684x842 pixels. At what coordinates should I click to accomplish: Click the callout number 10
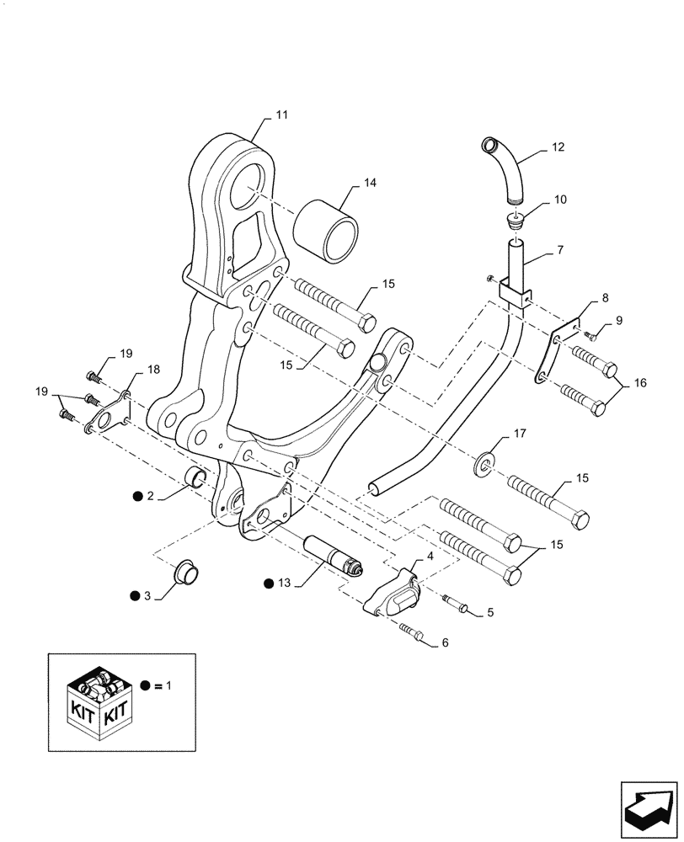click(560, 200)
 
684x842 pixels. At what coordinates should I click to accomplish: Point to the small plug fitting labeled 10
click(515, 221)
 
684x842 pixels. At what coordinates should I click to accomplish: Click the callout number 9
click(619, 320)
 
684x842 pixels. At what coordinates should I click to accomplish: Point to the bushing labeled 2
click(196, 478)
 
